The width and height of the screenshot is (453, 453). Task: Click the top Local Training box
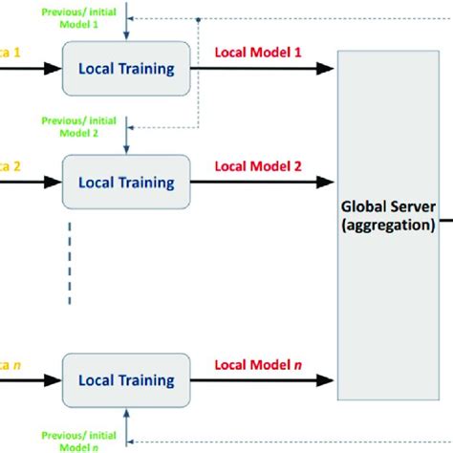click(x=126, y=68)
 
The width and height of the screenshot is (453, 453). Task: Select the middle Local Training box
click(x=126, y=182)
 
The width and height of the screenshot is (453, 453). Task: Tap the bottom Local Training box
click(x=126, y=380)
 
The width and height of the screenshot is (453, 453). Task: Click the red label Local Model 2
click(x=257, y=166)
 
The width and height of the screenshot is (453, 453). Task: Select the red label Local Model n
click(x=257, y=364)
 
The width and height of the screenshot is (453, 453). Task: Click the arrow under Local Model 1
click(x=262, y=69)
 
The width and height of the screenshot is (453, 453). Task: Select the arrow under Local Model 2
click(x=262, y=182)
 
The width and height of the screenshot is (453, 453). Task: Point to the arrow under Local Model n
click(x=262, y=380)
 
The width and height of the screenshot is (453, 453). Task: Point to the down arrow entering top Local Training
click(x=127, y=29)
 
